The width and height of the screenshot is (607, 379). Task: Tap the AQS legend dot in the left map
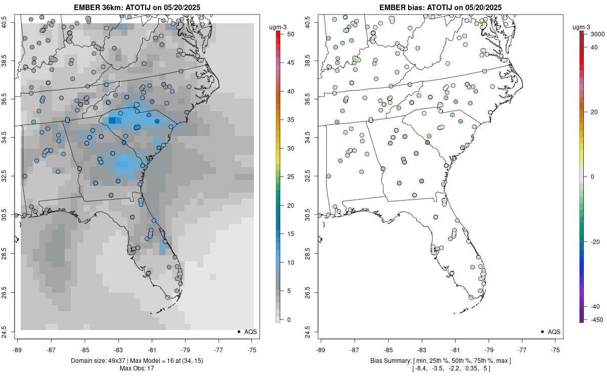coord(238,331)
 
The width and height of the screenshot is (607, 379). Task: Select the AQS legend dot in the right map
coord(542,331)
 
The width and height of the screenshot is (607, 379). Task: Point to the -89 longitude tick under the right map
coord(321,349)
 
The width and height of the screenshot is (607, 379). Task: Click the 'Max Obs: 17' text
coord(137,368)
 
